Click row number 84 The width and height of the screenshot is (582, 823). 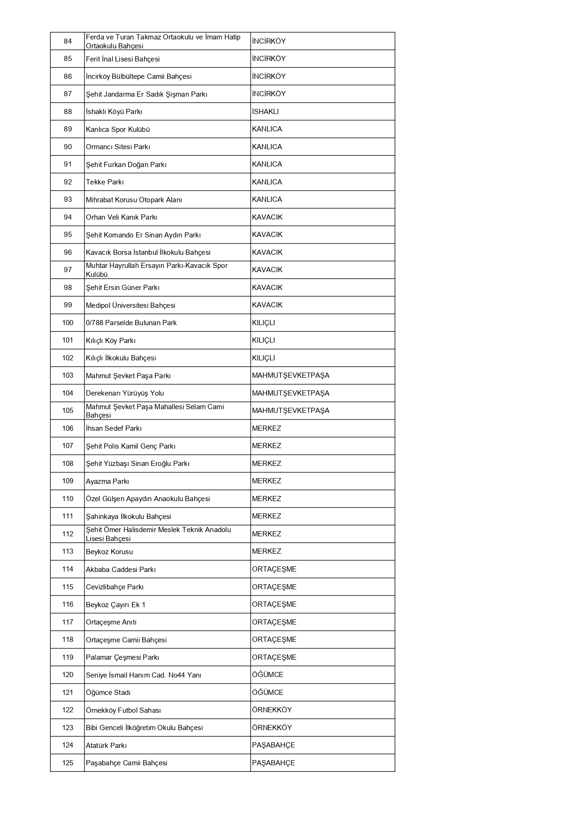pos(68,41)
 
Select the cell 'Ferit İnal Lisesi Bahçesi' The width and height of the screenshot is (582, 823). pos(123,59)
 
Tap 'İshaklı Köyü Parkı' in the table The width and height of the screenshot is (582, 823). pos(114,112)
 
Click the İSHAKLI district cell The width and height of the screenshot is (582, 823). pos(265,112)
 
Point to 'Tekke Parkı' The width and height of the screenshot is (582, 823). pos(105,182)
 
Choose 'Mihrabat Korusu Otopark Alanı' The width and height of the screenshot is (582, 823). pos(134,200)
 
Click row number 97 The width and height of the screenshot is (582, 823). pos(68,270)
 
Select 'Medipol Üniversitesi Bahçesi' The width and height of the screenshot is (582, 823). pos(130,305)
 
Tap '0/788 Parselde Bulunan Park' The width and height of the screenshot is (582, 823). pos(131,323)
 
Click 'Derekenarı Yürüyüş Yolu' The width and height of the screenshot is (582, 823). pos(125,393)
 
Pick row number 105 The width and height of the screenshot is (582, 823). pos(68,411)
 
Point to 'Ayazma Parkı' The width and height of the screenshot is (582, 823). pos(107,481)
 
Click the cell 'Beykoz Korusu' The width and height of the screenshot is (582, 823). pos(109,552)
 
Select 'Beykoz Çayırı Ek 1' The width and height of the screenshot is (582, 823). pos(115,605)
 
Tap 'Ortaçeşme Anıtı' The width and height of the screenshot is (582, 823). pos(111,622)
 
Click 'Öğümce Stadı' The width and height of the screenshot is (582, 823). pos(108,693)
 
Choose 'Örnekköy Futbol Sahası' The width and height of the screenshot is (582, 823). pos(123,710)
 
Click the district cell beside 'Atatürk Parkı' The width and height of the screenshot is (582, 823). pos(274,745)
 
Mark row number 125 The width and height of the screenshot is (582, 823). pos(68,763)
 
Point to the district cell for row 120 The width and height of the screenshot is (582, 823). pos(268,675)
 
